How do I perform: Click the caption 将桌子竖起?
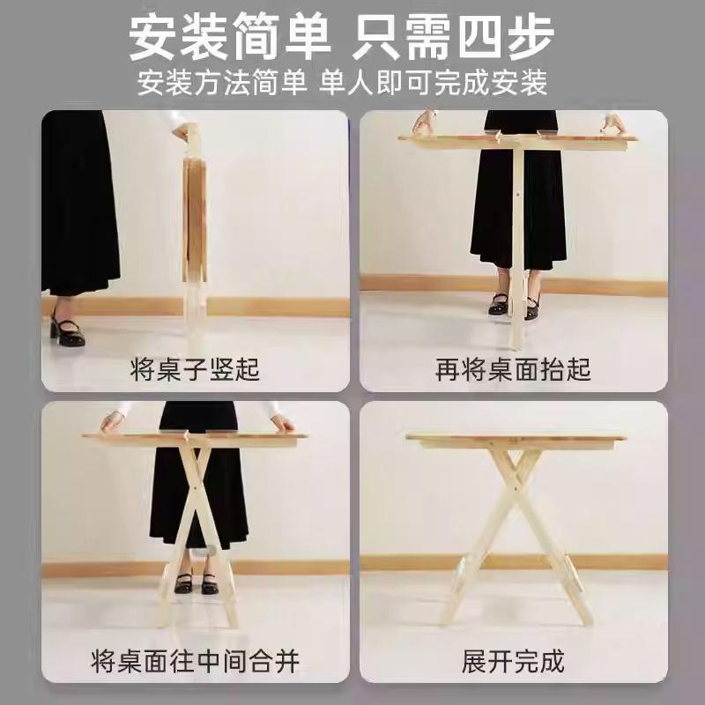[197, 368]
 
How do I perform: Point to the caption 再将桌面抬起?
[513, 368]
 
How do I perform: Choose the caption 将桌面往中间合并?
[196, 659]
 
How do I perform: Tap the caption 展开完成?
[513, 659]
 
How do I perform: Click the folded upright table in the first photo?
[193, 229]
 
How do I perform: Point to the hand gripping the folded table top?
[183, 132]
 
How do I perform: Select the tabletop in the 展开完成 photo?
[516, 439]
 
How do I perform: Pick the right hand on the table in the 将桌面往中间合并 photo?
[281, 422]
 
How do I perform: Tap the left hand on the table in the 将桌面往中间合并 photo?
[112, 421]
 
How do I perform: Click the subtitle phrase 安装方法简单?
[222, 83]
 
